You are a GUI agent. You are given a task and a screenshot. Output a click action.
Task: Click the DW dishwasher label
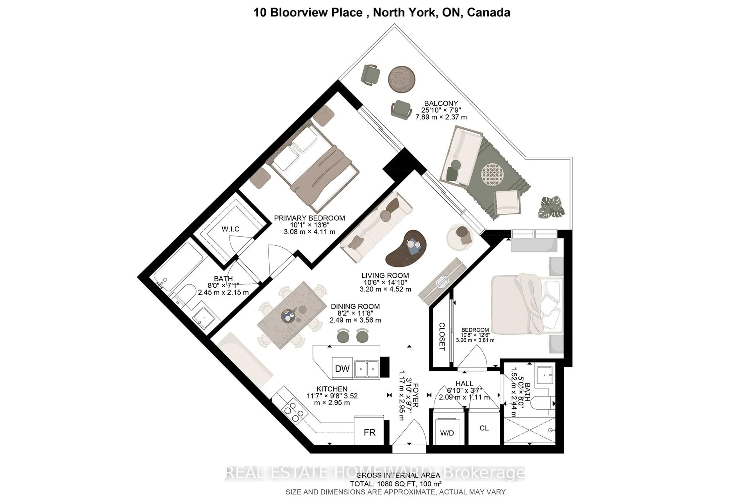pos(342,369)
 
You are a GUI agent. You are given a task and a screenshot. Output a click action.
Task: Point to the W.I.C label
pos(230,229)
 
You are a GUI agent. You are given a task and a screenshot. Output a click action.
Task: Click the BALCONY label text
pos(441,103)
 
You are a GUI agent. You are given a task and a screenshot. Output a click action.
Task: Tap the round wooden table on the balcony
pos(402,79)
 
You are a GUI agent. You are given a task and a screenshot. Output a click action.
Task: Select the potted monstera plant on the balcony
pos(551,208)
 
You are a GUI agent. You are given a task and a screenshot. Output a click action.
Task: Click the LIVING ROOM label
pos(385,275)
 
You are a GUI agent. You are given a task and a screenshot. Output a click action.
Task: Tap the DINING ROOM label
pos(355,306)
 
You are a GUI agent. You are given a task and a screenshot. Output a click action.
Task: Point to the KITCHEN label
pos(332,389)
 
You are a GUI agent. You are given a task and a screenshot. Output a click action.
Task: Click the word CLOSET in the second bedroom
pos(442,336)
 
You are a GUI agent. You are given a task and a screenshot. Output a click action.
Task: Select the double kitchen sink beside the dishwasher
pos(367,369)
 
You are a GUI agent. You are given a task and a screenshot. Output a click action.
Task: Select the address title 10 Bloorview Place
pos(308,13)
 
